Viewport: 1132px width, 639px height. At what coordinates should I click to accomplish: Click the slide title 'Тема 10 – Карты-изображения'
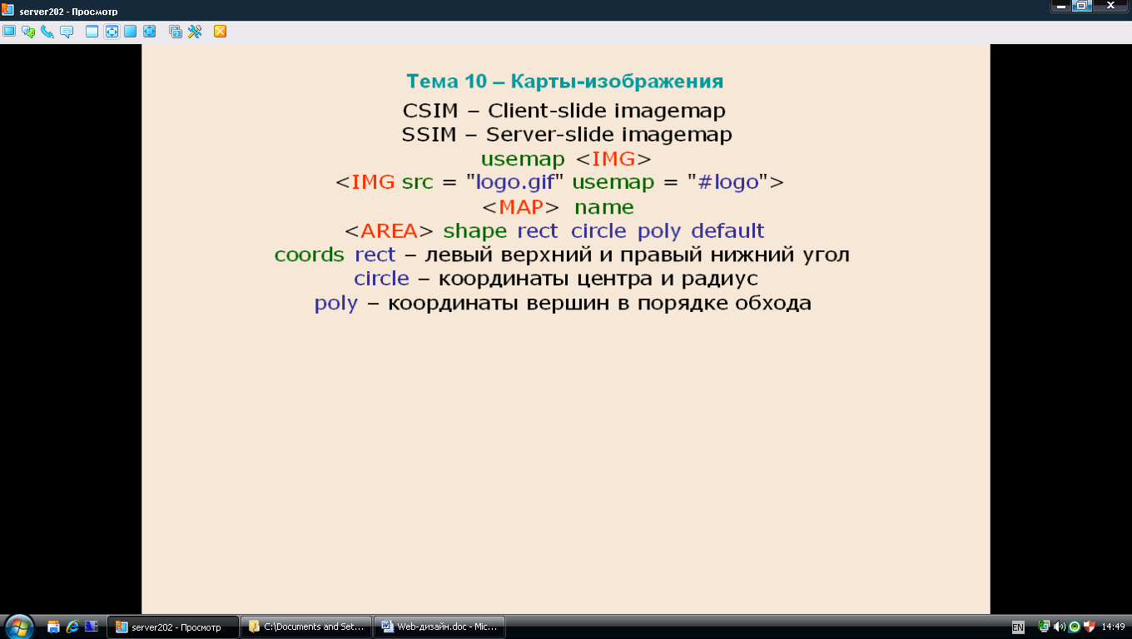[x=564, y=82]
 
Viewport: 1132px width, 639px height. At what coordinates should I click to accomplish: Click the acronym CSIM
[x=430, y=111]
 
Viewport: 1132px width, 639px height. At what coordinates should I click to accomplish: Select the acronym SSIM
[x=429, y=134]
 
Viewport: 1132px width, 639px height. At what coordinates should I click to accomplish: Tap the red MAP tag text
[x=520, y=207]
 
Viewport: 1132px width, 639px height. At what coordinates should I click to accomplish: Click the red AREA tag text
[x=389, y=230]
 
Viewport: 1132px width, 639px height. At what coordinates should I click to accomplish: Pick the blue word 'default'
[x=727, y=230]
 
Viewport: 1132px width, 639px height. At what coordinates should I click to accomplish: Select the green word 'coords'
[x=309, y=255]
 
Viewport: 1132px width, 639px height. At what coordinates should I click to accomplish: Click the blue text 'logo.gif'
[x=515, y=182]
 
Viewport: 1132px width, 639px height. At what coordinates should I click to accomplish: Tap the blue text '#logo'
[x=728, y=182]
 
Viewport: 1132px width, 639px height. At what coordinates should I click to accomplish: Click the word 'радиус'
[x=720, y=280]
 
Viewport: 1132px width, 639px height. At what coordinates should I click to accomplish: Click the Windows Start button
[x=19, y=627]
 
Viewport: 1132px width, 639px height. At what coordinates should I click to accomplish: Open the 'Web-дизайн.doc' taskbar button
[x=439, y=627]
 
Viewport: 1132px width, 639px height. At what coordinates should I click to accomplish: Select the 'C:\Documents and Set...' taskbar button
[x=306, y=627]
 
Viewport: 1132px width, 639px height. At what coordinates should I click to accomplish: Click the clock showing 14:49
[x=1113, y=627]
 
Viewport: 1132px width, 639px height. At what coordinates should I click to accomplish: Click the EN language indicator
[x=1018, y=627]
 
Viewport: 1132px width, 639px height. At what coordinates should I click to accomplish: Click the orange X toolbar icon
[x=220, y=32]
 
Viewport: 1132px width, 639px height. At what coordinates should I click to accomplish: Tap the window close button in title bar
[x=1110, y=6]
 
